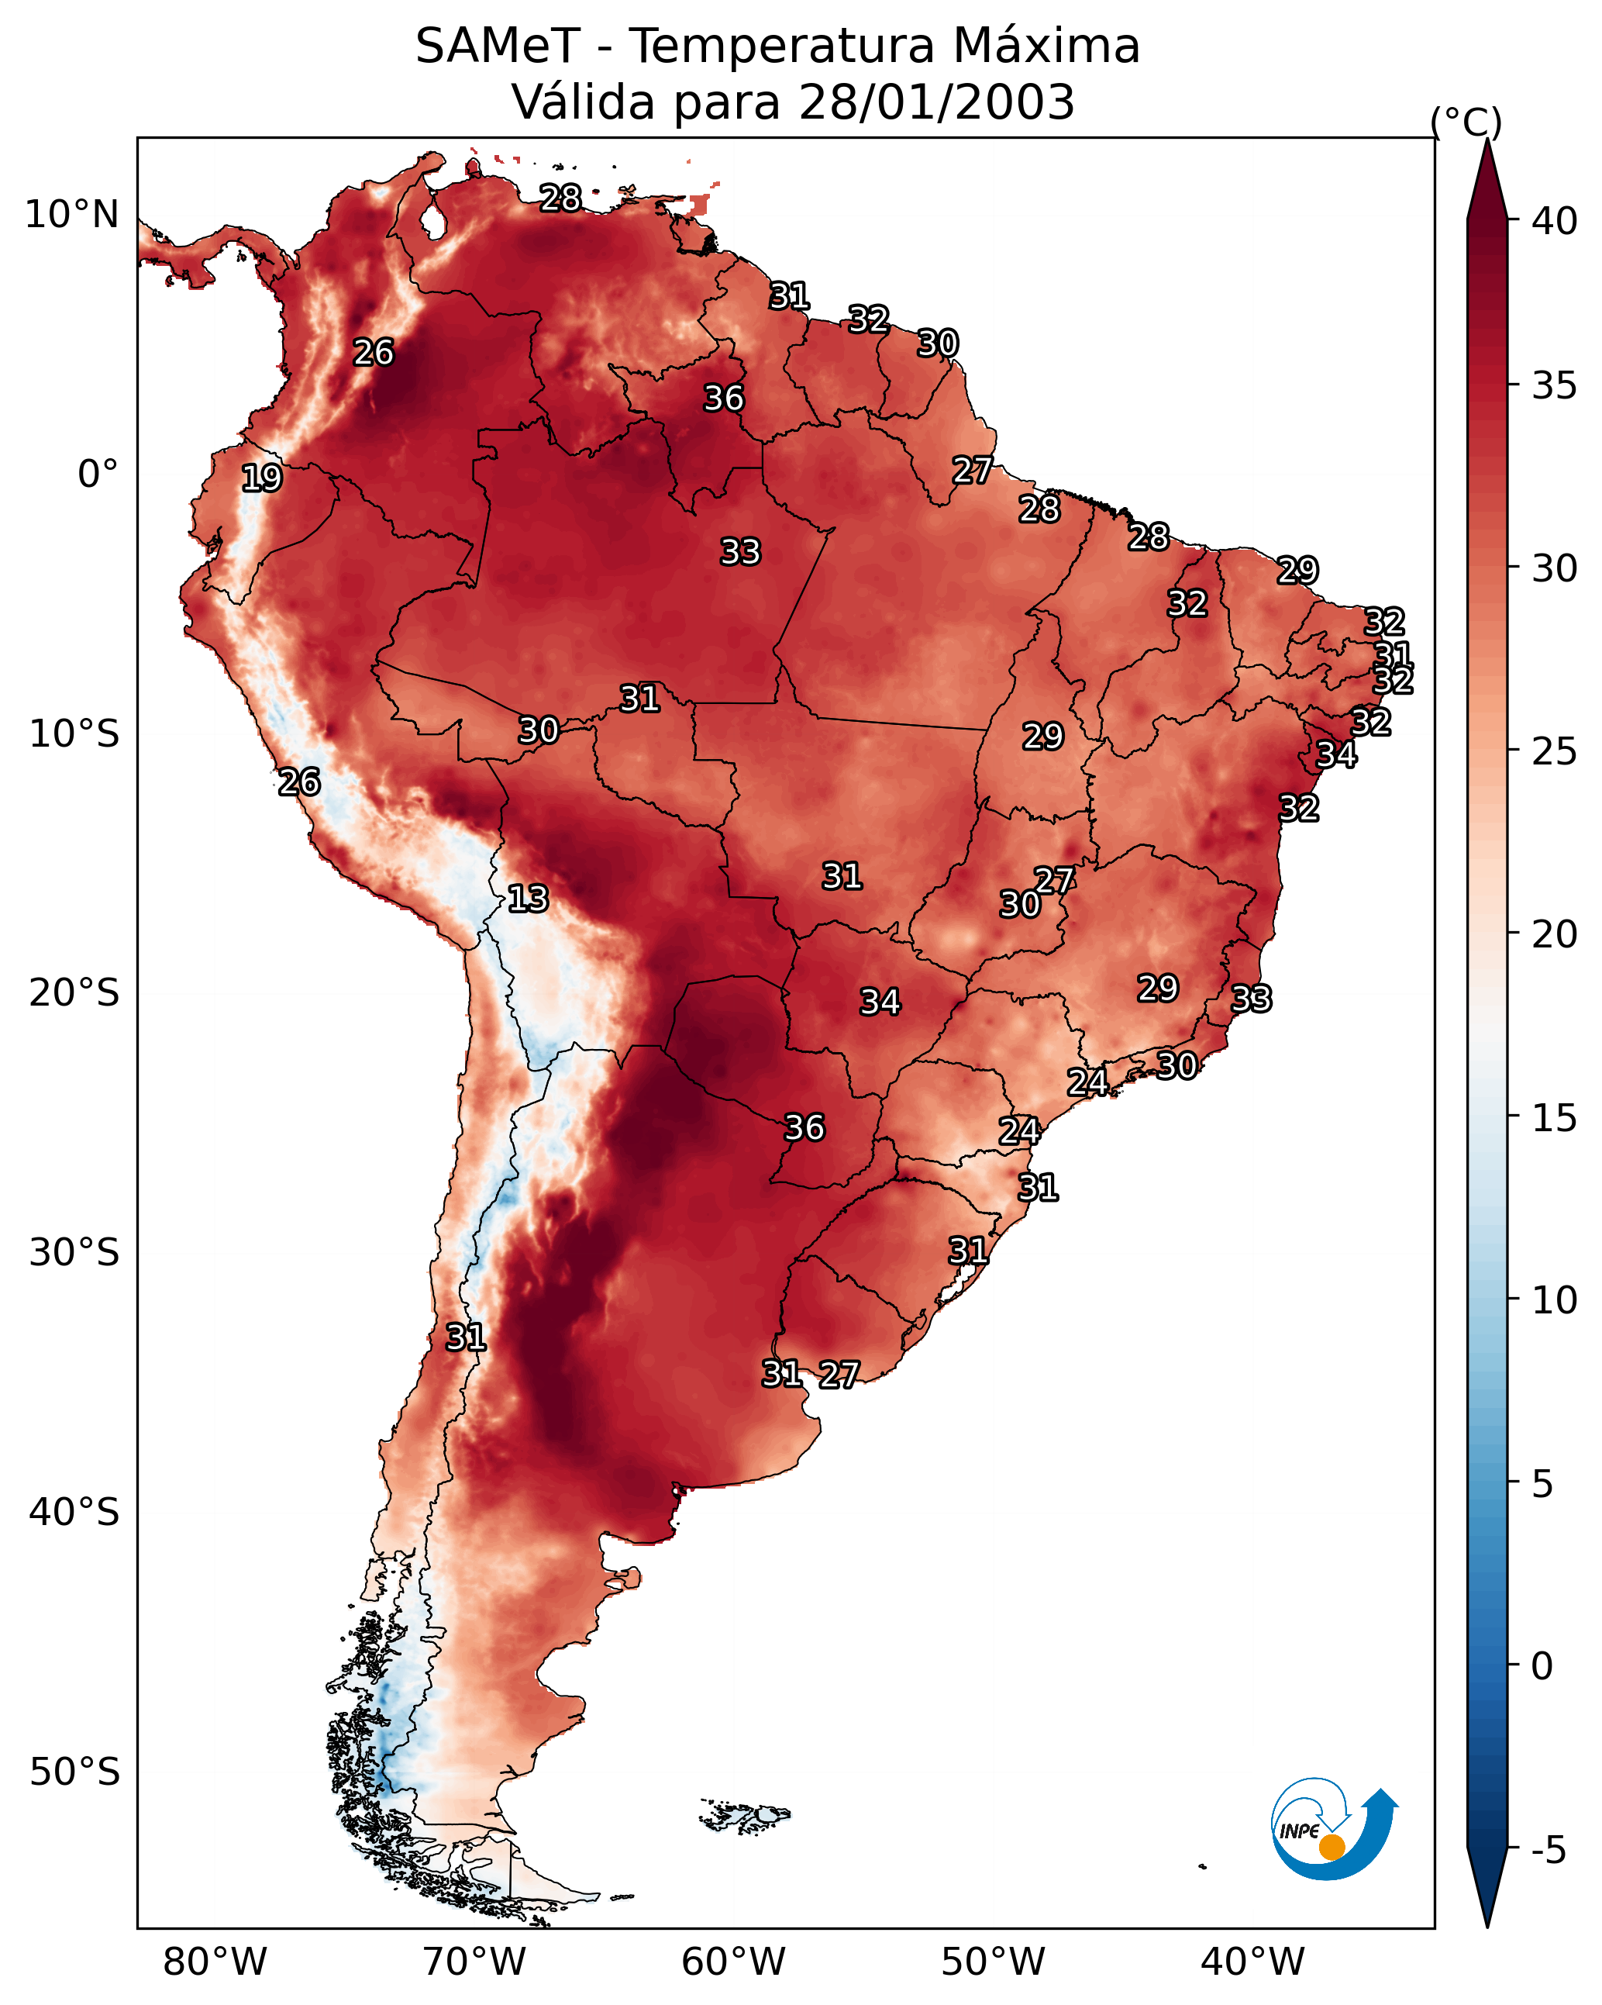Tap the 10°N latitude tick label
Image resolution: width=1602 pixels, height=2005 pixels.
click(x=71, y=215)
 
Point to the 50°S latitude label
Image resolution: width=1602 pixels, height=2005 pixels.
click(x=74, y=1772)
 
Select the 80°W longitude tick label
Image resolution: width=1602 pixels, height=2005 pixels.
click(x=215, y=1962)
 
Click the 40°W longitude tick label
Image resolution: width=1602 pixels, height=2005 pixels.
click(x=1252, y=1962)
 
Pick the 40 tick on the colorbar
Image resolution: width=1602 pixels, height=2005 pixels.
click(x=1555, y=221)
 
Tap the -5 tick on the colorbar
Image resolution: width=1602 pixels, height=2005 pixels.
click(x=1548, y=1850)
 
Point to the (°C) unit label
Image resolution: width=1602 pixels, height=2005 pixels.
click(x=1466, y=122)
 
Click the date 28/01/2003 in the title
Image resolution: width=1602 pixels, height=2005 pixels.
click(x=936, y=102)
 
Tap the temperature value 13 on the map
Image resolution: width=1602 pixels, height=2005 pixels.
click(x=528, y=899)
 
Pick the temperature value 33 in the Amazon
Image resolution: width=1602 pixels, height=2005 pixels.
click(x=740, y=551)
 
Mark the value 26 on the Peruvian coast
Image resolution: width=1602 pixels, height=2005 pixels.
click(x=299, y=782)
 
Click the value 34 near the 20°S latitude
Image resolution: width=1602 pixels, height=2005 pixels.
click(x=880, y=1002)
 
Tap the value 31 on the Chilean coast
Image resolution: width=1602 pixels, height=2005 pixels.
click(x=466, y=1337)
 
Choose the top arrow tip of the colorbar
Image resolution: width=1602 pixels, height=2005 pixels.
click(x=1487, y=139)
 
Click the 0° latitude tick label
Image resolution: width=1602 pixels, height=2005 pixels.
click(x=98, y=475)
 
